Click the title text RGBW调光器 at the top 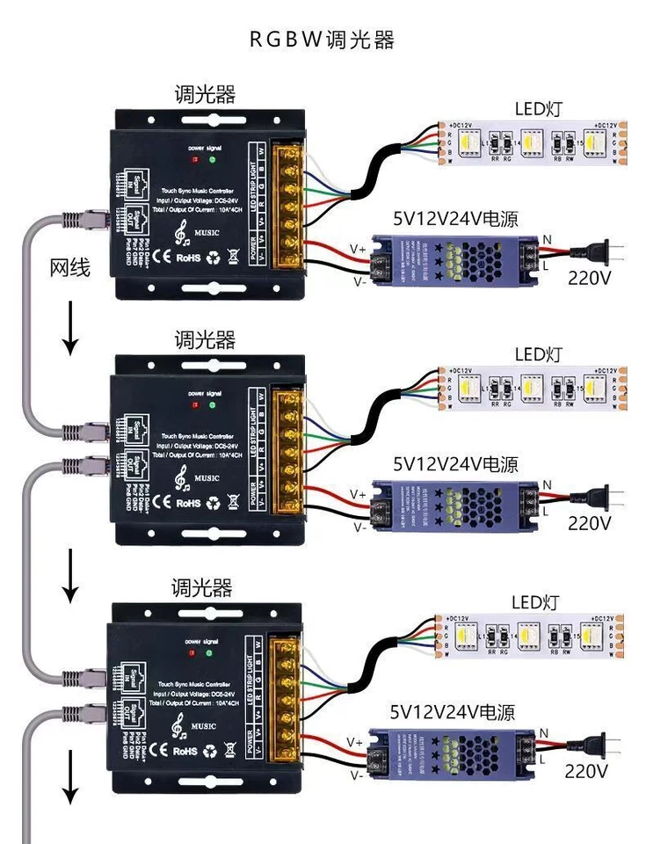(322, 40)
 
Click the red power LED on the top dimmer (194, 160)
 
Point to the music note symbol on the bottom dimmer (179, 726)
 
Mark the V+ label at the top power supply (358, 249)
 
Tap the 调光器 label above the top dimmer (205, 94)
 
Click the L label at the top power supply (547, 264)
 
